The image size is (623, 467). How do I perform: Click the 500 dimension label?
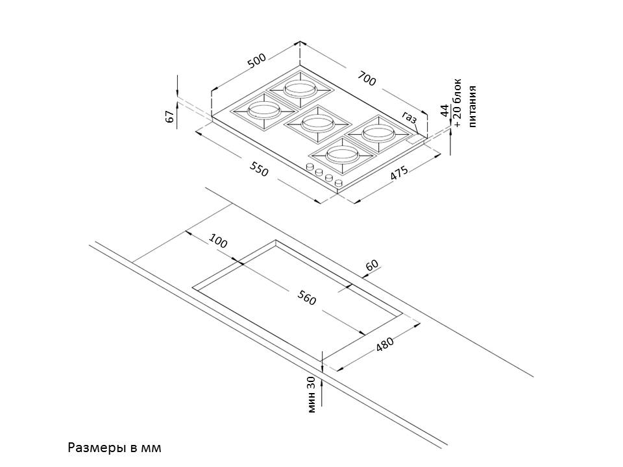[257, 62]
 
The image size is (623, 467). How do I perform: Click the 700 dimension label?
[367, 79]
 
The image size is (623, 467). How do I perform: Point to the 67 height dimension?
[170, 117]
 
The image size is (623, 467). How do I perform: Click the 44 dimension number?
[445, 110]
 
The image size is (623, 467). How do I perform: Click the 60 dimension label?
[372, 265]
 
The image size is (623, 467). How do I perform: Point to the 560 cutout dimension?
[306, 298]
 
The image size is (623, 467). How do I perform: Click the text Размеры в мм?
[113, 448]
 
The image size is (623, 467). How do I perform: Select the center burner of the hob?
[317, 122]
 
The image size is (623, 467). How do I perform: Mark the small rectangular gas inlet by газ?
[414, 139]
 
